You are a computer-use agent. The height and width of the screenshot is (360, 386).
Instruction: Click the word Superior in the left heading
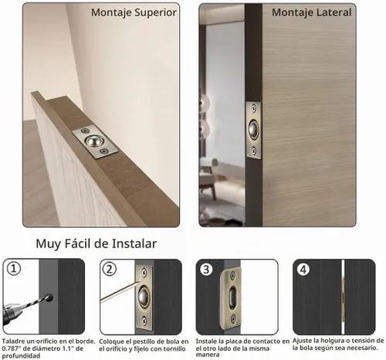(x=156, y=13)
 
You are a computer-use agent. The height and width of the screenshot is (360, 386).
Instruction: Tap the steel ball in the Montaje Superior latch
(x=94, y=141)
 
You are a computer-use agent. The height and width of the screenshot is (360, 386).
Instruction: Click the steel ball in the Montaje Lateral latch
(x=253, y=129)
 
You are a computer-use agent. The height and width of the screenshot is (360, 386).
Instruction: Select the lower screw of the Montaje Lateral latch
(x=254, y=150)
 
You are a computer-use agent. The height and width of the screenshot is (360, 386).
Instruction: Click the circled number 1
(x=13, y=269)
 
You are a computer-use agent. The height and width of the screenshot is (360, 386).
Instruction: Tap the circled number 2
(x=110, y=269)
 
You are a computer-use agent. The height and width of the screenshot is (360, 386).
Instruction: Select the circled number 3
(x=206, y=270)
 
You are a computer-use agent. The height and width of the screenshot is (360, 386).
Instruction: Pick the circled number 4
(x=303, y=270)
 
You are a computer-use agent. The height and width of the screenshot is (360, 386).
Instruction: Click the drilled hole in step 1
(x=49, y=297)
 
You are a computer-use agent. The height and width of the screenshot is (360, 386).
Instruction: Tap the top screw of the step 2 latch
(x=144, y=272)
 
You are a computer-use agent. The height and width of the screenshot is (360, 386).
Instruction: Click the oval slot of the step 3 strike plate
(x=232, y=297)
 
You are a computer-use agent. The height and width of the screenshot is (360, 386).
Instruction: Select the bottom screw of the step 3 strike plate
(x=233, y=319)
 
